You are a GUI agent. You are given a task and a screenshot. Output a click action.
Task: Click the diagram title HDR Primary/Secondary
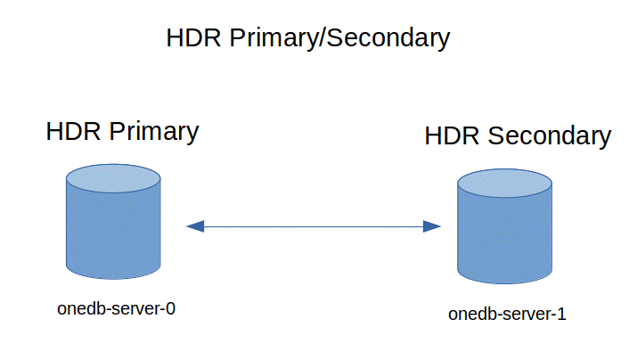(307, 38)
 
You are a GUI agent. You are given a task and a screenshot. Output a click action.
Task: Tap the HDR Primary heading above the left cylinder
(122, 132)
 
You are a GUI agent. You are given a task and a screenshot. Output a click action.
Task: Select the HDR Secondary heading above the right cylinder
(518, 136)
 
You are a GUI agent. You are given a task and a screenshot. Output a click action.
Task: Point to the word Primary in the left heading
(153, 132)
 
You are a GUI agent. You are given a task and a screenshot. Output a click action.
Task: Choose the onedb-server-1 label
(507, 314)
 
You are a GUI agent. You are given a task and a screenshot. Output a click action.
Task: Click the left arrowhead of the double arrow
(195, 226)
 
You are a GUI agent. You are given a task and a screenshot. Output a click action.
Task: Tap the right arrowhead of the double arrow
(432, 226)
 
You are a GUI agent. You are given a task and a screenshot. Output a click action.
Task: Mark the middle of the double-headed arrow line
(314, 226)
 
